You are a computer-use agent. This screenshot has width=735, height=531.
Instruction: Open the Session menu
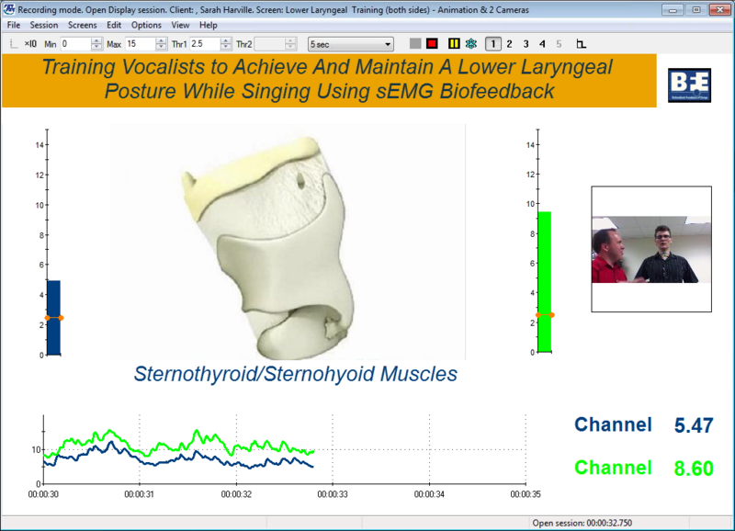tap(44, 26)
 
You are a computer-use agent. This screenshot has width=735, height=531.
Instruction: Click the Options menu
tap(146, 26)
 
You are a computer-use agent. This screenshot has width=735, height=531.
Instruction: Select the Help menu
tap(209, 26)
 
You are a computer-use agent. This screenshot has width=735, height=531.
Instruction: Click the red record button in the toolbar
tap(432, 43)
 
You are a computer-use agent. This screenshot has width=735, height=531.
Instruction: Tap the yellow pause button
tap(454, 43)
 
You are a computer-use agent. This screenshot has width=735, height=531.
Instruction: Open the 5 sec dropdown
tap(351, 44)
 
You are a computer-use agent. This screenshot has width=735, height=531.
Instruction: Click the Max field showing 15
tap(141, 44)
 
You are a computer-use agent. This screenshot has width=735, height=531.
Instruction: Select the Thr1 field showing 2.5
tap(205, 44)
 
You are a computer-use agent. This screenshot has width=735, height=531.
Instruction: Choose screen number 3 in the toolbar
tap(526, 44)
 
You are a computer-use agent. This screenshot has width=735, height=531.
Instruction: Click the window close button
tap(720, 10)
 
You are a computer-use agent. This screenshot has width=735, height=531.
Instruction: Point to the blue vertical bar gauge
tap(54, 318)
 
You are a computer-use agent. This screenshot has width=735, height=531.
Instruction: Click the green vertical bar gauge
tap(544, 282)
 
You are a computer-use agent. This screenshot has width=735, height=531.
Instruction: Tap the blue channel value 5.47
tap(694, 425)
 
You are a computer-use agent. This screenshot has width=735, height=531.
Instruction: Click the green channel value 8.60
tap(694, 469)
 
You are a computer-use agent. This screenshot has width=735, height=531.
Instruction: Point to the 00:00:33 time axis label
tap(333, 494)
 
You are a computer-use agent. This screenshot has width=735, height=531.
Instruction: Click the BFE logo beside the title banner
tap(689, 85)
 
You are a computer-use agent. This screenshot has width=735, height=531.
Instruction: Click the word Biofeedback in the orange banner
tap(497, 91)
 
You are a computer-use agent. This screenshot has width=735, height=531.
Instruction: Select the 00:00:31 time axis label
tap(140, 494)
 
